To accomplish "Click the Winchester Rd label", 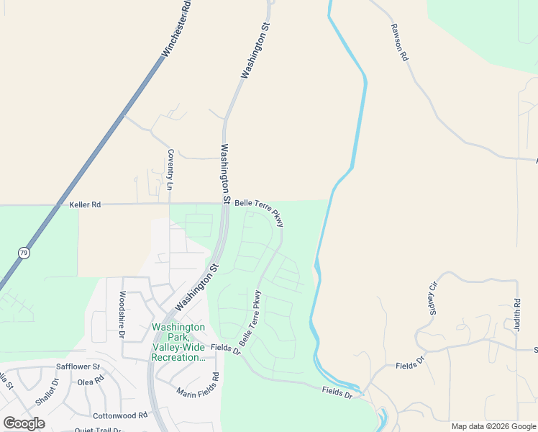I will point(177,29).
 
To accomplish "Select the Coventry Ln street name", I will point(170,169).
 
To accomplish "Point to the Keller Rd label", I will point(85,205).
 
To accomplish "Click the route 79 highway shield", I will point(24,253).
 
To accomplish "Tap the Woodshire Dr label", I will point(122,315).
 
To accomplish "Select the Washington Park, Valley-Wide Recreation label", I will point(178,342).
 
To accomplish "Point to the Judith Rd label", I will point(516,315).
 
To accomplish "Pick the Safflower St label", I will point(78,367).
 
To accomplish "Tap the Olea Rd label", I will point(91,382).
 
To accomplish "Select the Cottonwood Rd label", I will point(119,415).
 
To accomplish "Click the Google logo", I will point(24,423).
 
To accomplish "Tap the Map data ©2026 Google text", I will point(493,426).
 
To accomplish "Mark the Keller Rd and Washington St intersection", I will point(225,204).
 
